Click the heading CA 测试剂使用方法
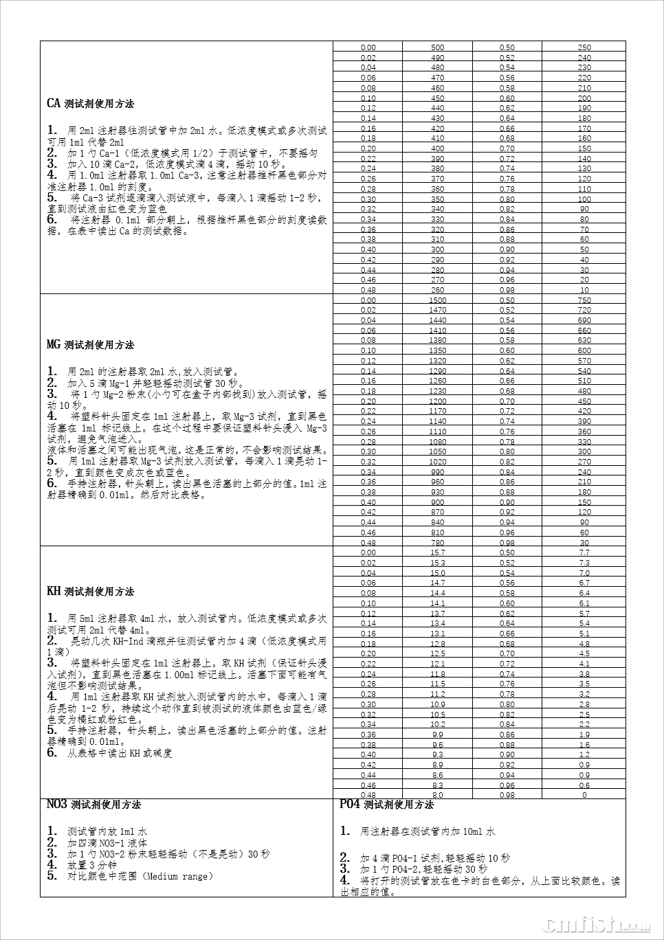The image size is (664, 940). [90, 104]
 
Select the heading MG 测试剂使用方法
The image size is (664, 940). [90, 345]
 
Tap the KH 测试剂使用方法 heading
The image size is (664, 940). [90, 592]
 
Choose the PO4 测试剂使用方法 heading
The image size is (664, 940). [386, 805]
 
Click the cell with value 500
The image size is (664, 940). [437, 47]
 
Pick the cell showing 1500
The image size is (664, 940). [437, 300]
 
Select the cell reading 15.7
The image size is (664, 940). [437, 552]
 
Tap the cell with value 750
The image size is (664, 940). [584, 300]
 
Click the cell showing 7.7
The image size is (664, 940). [584, 552]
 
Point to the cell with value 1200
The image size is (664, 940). [437, 401]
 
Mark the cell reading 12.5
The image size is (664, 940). [437, 653]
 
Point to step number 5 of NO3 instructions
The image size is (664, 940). [52, 876]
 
